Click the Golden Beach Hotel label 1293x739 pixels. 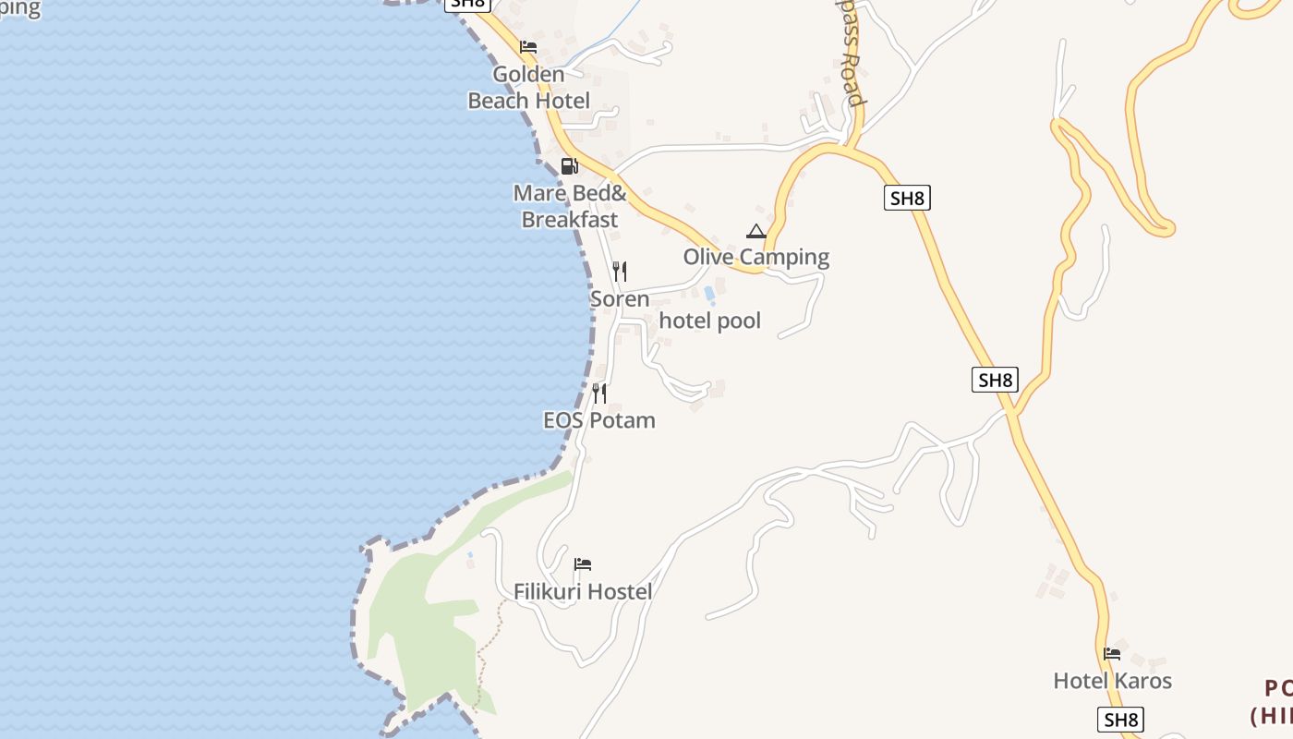(528, 88)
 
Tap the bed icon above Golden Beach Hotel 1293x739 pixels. (528, 47)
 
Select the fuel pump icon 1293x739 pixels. (569, 166)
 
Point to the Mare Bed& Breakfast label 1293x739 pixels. (570, 207)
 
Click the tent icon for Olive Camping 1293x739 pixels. (756, 231)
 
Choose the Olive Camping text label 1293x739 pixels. (756, 257)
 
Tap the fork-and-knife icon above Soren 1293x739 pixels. (620, 272)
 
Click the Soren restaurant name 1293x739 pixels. (620, 299)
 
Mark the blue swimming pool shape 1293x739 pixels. (709, 295)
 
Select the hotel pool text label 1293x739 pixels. (710, 321)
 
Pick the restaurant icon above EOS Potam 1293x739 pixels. (599, 394)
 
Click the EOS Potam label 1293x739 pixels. (599, 420)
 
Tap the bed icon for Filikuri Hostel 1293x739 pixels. (583, 564)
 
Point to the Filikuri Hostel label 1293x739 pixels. (583, 592)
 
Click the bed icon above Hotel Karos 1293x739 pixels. (1112, 654)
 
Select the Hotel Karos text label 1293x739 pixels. (1112, 682)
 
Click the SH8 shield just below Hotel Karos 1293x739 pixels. (1120, 720)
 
